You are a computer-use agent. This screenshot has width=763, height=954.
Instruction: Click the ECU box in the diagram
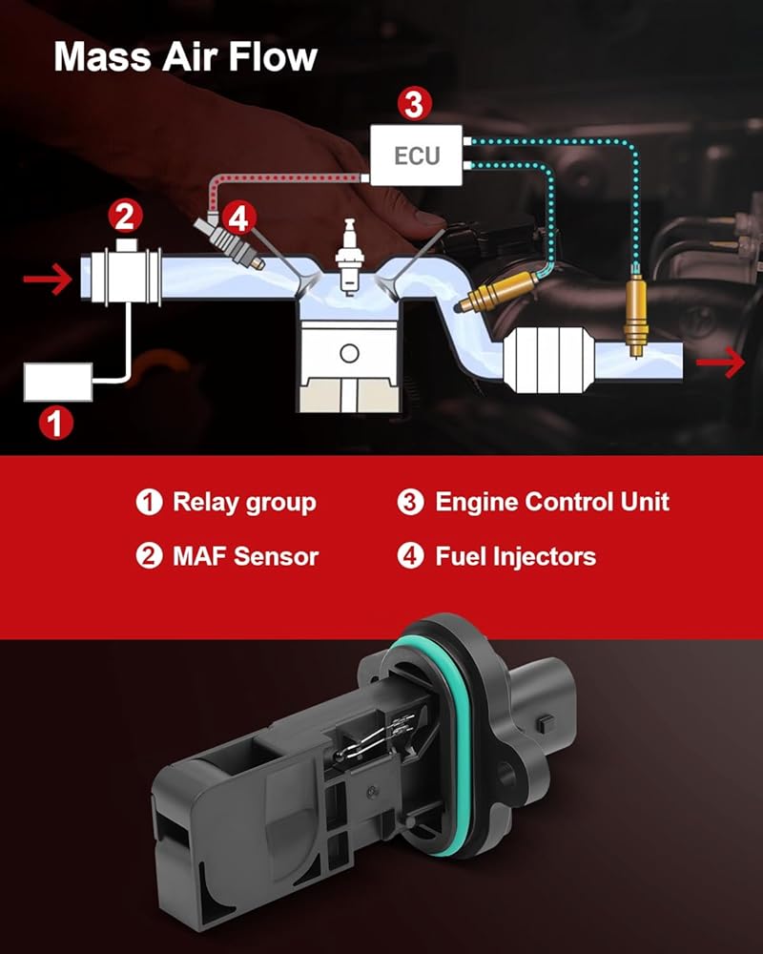(x=416, y=156)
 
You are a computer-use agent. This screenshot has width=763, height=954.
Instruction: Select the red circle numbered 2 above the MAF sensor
(x=125, y=217)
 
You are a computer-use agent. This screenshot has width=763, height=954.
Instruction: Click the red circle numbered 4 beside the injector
(x=238, y=218)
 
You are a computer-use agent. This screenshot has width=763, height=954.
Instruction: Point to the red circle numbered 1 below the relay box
(x=56, y=423)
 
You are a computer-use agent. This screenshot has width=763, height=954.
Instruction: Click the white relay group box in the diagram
(x=58, y=383)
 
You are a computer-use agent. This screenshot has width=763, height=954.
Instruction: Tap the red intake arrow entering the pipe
(x=48, y=280)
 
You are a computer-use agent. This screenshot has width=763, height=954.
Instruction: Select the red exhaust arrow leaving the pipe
(x=720, y=363)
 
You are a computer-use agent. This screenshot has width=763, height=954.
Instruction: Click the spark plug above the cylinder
(x=349, y=257)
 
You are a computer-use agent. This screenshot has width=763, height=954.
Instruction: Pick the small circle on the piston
(x=349, y=354)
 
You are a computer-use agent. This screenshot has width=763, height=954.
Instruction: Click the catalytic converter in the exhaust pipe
(x=547, y=361)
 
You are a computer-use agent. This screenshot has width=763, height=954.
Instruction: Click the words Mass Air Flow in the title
(x=186, y=57)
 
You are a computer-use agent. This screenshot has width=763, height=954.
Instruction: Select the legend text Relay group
(x=244, y=503)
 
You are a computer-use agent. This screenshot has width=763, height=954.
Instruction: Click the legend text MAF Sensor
(x=246, y=556)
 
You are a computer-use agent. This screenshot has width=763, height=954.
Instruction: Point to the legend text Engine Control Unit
(x=552, y=502)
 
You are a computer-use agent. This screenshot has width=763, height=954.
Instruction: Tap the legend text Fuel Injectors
(x=516, y=556)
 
